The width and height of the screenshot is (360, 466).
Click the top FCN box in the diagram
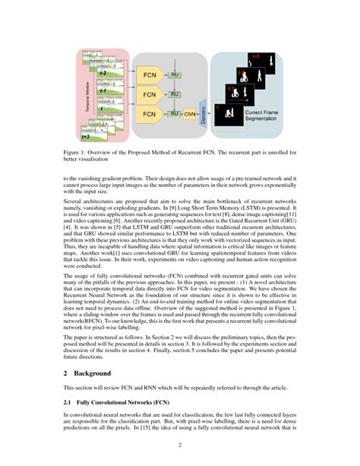click(150, 75)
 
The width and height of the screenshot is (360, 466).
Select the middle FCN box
click(150, 95)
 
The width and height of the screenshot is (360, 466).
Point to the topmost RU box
click(174, 74)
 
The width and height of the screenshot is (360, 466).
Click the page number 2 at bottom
click(180, 445)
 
